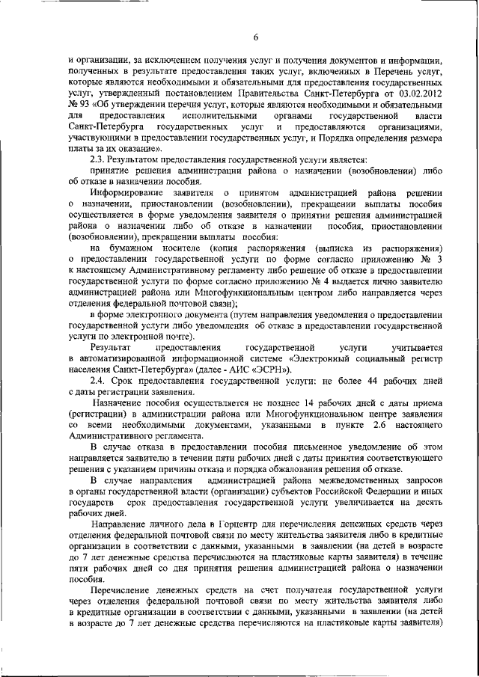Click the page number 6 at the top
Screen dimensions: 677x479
tap(255, 37)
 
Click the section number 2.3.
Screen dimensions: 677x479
tap(97, 159)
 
